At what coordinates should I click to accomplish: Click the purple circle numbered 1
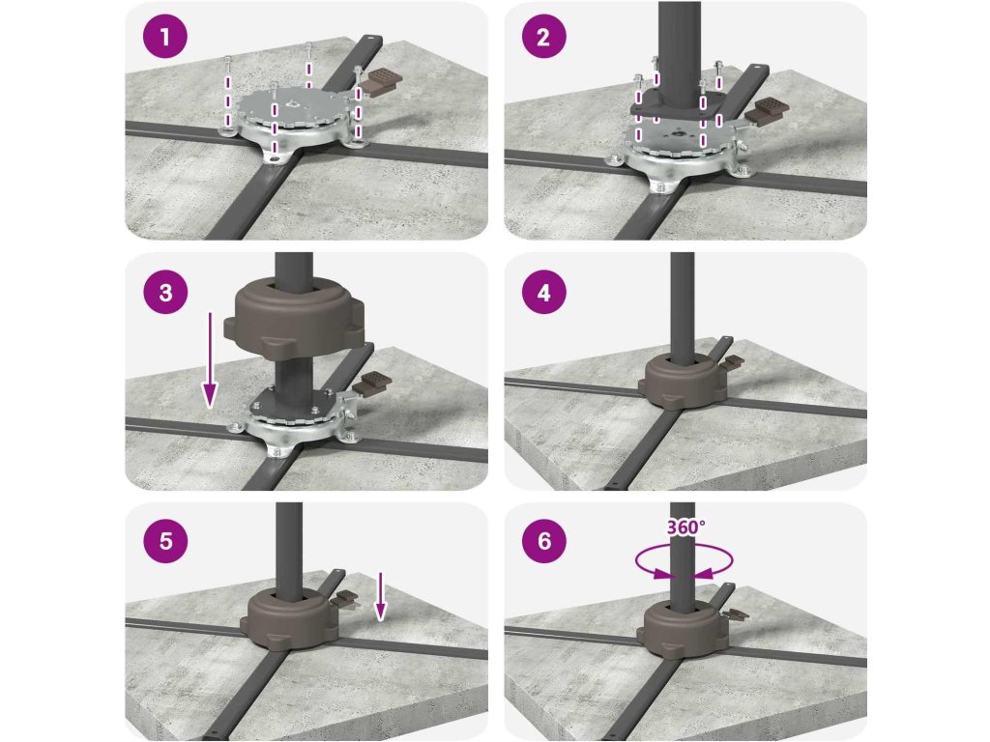(x=165, y=36)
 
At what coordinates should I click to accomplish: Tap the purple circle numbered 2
(x=543, y=36)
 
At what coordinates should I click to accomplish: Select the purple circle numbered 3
(x=165, y=292)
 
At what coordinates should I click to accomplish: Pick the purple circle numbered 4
(x=543, y=292)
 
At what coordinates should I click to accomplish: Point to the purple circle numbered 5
(x=165, y=541)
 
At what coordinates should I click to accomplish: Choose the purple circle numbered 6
(x=543, y=541)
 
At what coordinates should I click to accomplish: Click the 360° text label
(x=686, y=527)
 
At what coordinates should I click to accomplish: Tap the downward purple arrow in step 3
(x=210, y=360)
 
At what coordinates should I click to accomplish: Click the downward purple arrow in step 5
(x=379, y=596)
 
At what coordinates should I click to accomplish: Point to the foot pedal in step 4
(x=734, y=362)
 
